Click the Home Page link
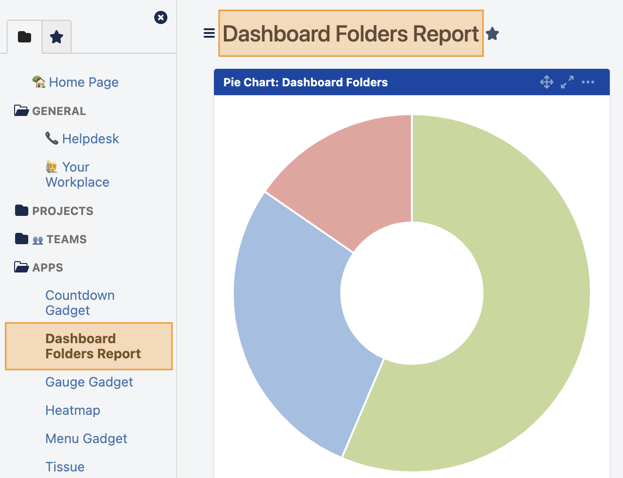[83, 82]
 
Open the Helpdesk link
[90, 139]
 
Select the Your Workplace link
[77, 174]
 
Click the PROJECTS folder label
[62, 211]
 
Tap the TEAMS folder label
[66, 239]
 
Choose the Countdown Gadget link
[80, 303]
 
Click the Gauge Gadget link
[89, 382]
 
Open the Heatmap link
[73, 410]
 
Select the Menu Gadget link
[86, 438]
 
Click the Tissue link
[65, 467]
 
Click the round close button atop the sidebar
[161, 17]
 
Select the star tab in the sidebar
[57, 37]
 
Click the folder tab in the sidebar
[25, 37]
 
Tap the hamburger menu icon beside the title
[209, 33]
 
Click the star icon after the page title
[492, 34]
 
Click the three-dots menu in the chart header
[588, 82]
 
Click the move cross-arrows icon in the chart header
[547, 82]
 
